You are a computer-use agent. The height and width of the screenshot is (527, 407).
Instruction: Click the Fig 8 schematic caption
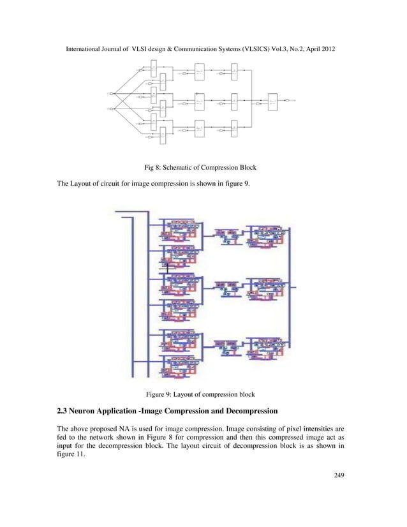(x=202, y=168)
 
